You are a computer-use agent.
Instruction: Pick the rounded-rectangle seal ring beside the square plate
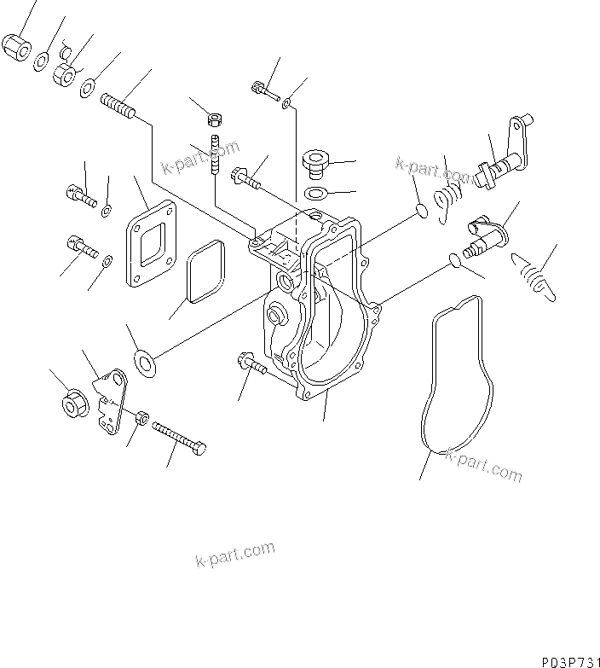click(203, 271)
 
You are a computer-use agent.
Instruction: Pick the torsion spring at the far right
click(533, 277)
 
